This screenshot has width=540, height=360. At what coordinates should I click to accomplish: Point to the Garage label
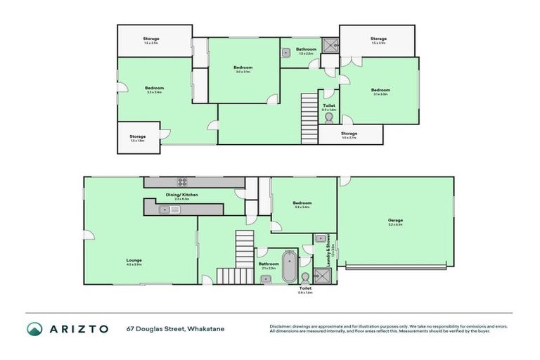[395, 220]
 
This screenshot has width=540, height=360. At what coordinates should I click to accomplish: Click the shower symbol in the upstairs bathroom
[330, 45]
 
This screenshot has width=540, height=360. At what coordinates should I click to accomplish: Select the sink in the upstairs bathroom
[287, 52]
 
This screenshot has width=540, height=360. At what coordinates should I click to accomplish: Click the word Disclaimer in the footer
[281, 326]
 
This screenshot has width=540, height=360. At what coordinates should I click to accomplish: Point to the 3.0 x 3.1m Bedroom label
[243, 67]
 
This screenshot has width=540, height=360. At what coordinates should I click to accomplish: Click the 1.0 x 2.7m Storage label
[349, 134]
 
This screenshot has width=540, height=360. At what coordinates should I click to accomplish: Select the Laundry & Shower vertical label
[327, 250]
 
